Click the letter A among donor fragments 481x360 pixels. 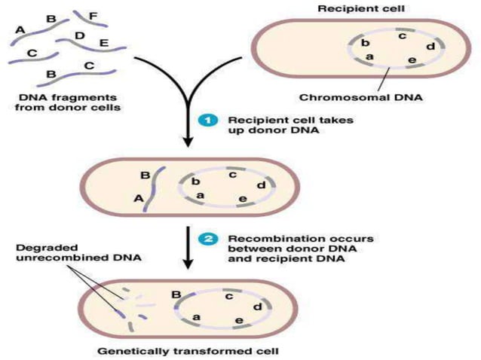point(20,29)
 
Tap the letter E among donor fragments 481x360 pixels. point(103,43)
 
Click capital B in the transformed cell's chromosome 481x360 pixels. point(176,294)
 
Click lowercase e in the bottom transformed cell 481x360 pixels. point(237,322)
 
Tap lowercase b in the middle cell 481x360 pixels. point(195,182)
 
